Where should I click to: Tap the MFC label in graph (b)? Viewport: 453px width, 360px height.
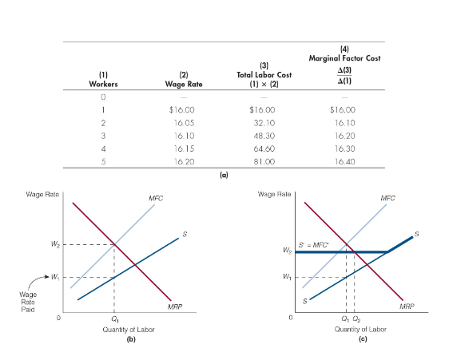click(157, 198)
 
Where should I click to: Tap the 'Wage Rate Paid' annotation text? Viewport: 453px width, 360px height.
click(27, 302)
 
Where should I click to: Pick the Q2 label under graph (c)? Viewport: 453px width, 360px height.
click(356, 318)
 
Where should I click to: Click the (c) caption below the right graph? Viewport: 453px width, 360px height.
click(361, 338)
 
